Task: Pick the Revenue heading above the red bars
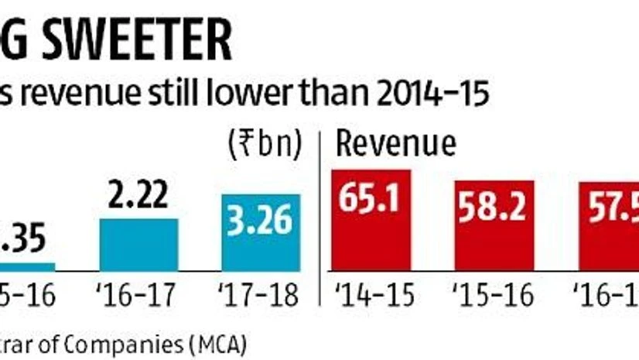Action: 395,145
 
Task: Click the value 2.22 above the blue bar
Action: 140,195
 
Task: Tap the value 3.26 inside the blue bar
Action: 261,221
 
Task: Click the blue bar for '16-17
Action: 140,243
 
